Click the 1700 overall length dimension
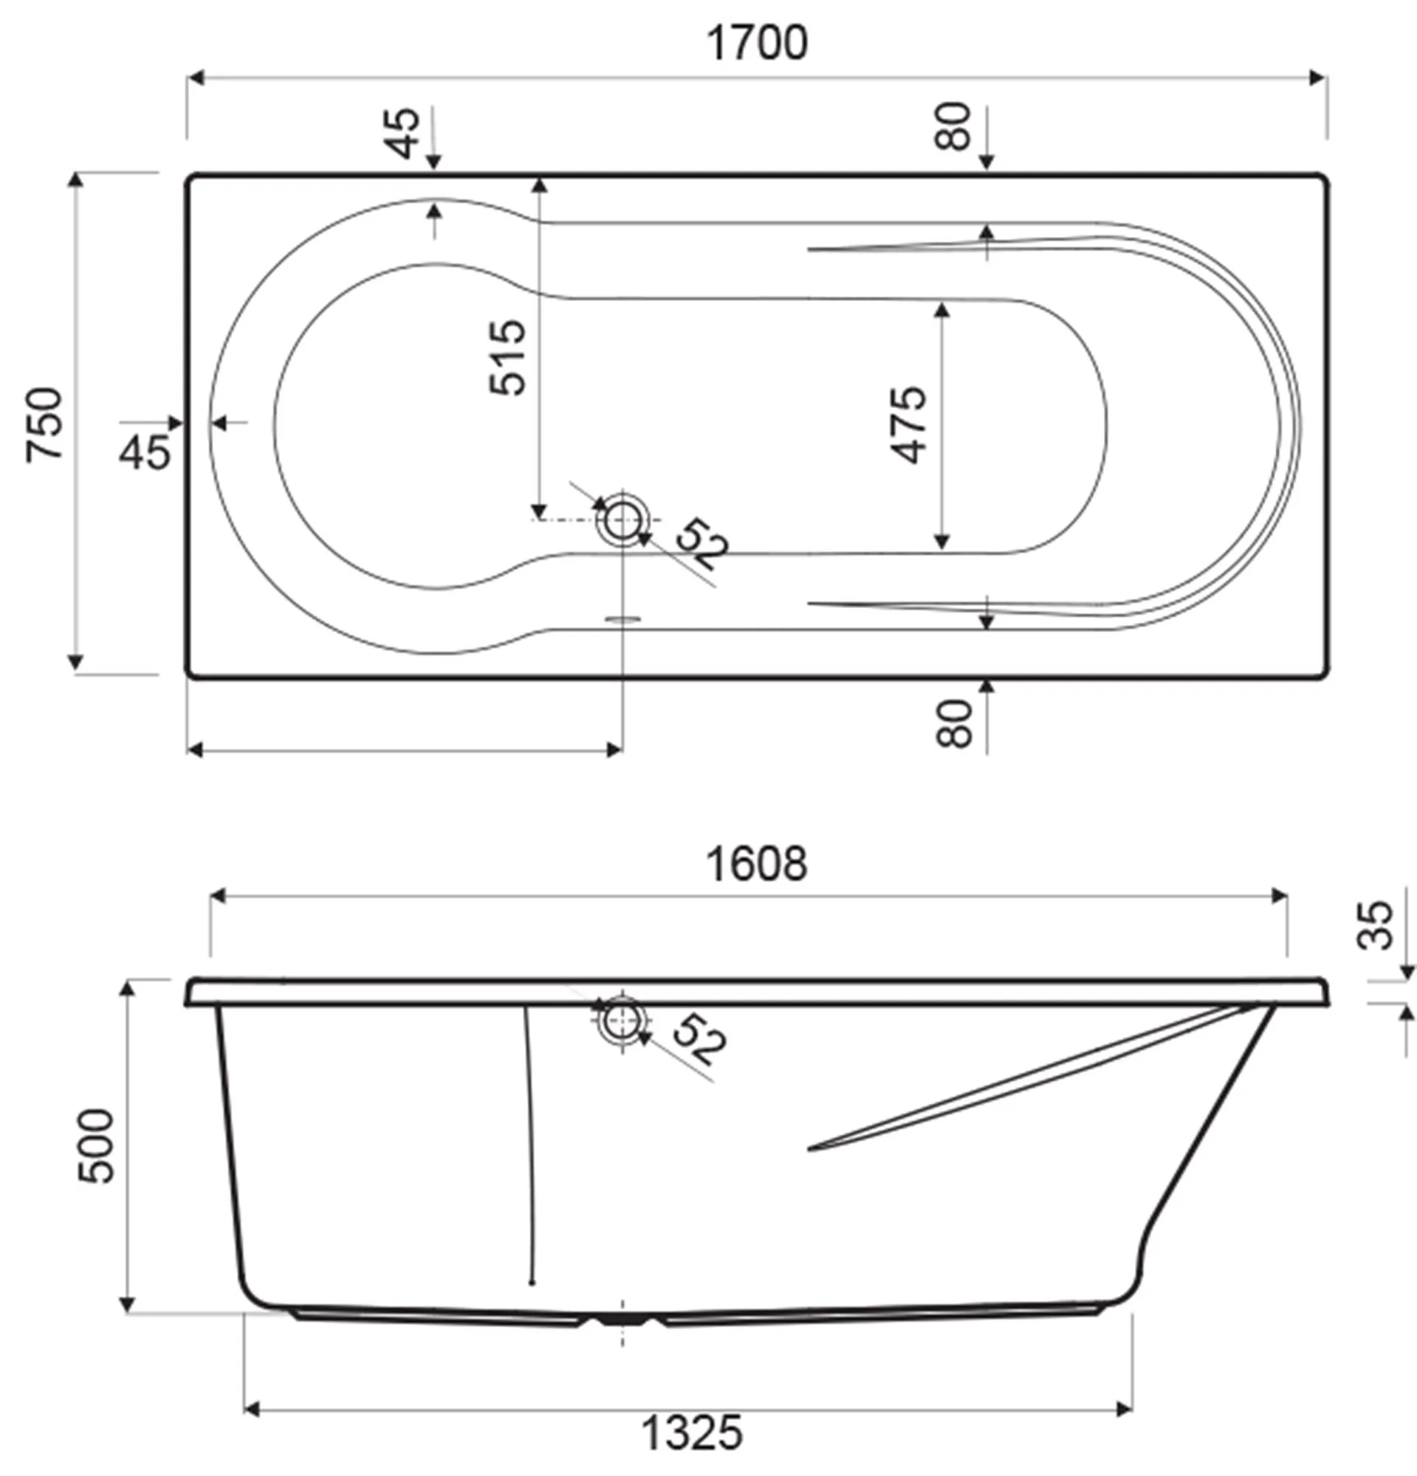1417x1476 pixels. (757, 43)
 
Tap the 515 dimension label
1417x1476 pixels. (507, 357)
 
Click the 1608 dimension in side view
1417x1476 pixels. (756, 863)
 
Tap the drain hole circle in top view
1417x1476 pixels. (622, 520)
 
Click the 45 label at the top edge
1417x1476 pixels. (405, 134)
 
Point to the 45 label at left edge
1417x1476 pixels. (145, 452)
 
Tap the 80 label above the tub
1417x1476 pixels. (954, 125)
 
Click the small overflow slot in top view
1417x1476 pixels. (622, 619)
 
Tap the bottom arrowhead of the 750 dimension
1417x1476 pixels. (75, 662)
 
